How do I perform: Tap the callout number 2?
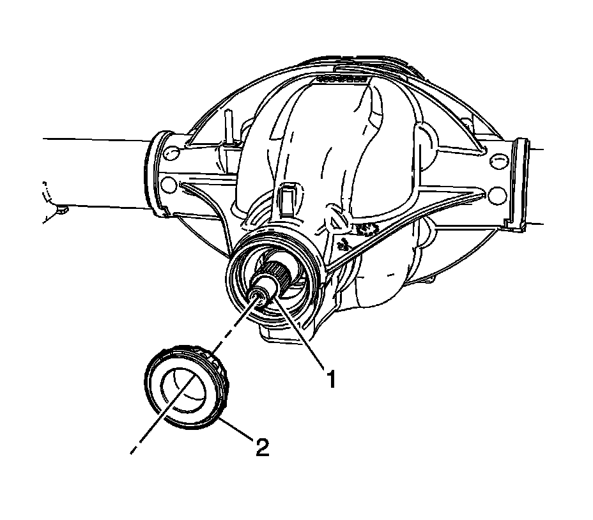[261, 447]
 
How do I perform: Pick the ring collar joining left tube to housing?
[155, 172]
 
